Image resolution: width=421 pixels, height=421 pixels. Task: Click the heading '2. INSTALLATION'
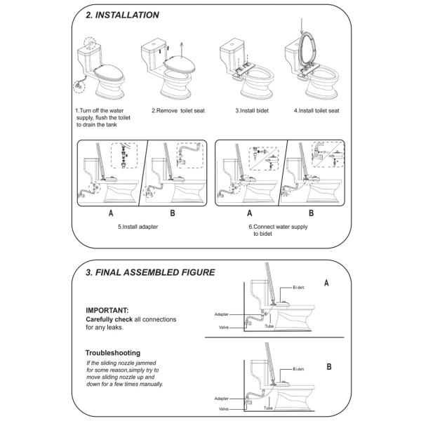tap(122, 15)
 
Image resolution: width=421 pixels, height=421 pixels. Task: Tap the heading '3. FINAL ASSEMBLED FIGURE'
tap(150, 272)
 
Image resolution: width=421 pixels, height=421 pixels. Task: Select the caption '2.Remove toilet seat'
tap(178, 111)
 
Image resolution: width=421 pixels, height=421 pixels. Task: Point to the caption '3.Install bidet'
tap(252, 111)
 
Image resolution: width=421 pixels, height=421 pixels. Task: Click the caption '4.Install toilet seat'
tap(316, 111)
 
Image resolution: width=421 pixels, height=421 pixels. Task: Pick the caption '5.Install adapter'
tap(138, 227)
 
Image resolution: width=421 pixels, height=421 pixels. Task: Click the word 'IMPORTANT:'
tap(107, 310)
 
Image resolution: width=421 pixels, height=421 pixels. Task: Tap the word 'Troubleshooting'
tap(113, 353)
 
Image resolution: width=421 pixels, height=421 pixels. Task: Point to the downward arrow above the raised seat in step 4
tap(302, 27)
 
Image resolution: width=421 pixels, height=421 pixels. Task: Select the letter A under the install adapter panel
tap(111, 213)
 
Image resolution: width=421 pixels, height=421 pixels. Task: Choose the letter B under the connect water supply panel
tap(311, 213)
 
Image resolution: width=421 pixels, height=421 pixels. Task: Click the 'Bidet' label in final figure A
tap(299, 288)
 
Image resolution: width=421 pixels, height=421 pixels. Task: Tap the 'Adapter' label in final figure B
tap(222, 399)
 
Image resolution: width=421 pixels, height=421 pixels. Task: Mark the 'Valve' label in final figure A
tap(224, 327)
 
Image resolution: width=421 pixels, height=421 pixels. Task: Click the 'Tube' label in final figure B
tap(268, 408)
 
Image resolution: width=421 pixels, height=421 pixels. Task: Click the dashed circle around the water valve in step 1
tap(79, 87)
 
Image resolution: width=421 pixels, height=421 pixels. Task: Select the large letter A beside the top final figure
tap(326, 283)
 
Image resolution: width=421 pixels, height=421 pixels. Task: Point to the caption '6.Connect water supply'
tap(278, 227)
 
